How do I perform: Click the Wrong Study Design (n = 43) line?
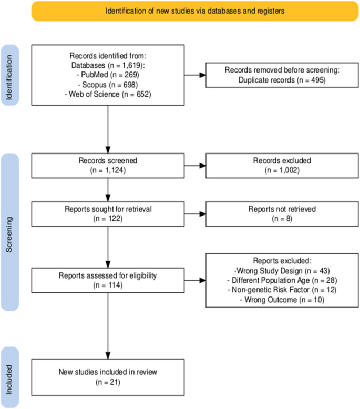coord(276,270)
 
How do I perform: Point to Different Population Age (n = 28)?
coord(276,280)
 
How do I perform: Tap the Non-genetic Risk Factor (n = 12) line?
coord(276,290)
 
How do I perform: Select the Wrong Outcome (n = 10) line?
coord(276,299)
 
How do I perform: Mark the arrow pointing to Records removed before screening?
coord(195,74)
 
